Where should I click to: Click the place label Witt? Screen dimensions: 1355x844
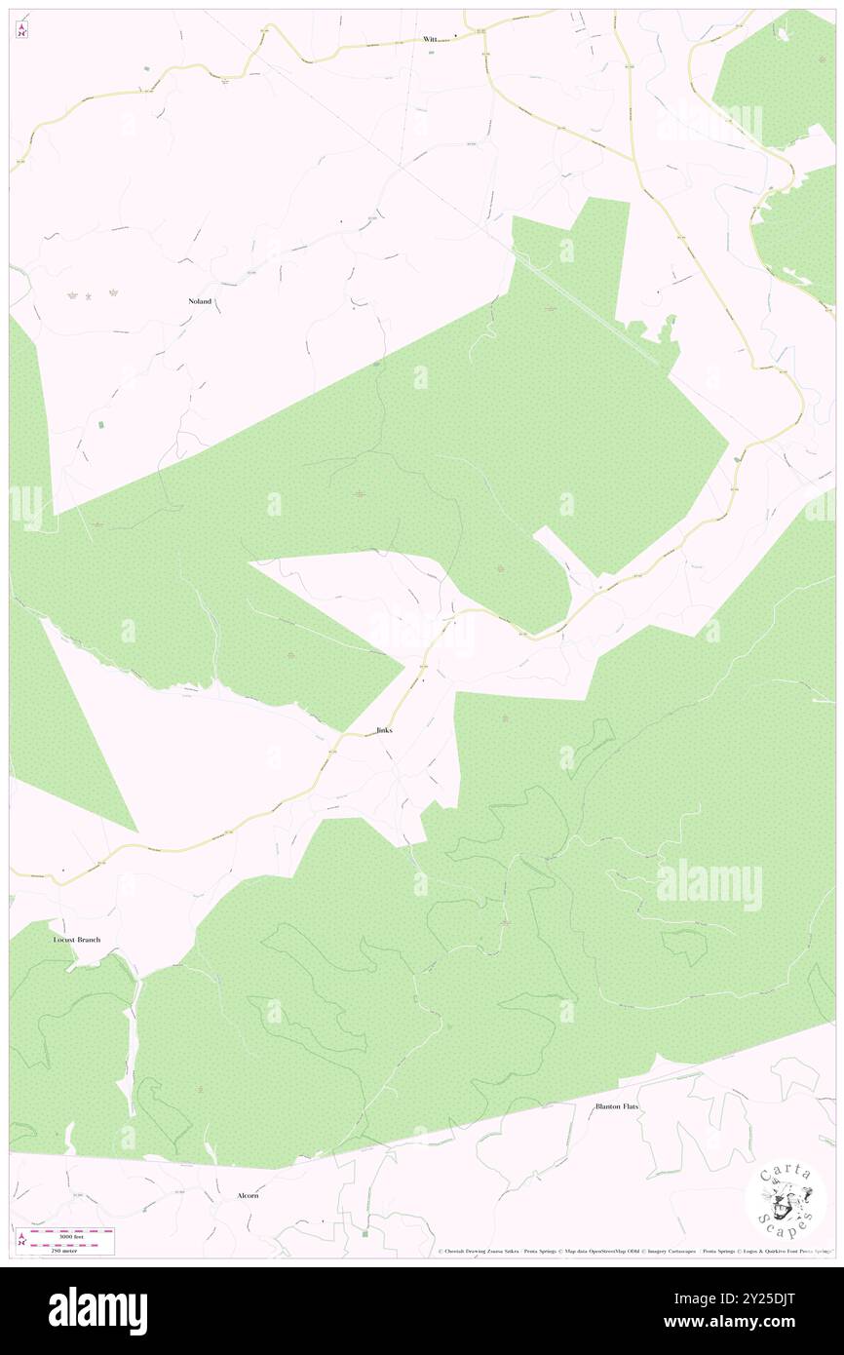click(431, 39)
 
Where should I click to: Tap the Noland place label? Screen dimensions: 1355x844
click(200, 301)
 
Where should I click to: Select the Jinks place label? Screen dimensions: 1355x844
click(384, 730)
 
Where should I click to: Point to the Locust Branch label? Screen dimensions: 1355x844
click(77, 940)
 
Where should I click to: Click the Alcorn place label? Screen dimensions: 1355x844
click(249, 1194)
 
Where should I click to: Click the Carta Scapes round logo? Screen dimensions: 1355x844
click(786, 1201)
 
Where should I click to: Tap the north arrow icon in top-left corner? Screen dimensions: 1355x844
click(21, 30)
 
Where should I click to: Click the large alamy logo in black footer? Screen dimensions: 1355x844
click(97, 1310)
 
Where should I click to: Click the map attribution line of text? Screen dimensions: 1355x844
click(633, 1252)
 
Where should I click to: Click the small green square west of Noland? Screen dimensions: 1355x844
click(101, 426)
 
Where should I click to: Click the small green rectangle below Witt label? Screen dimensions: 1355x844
click(431, 53)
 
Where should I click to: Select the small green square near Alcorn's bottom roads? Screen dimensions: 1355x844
click(365, 1233)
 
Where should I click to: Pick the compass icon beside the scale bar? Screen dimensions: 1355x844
click(21, 1241)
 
